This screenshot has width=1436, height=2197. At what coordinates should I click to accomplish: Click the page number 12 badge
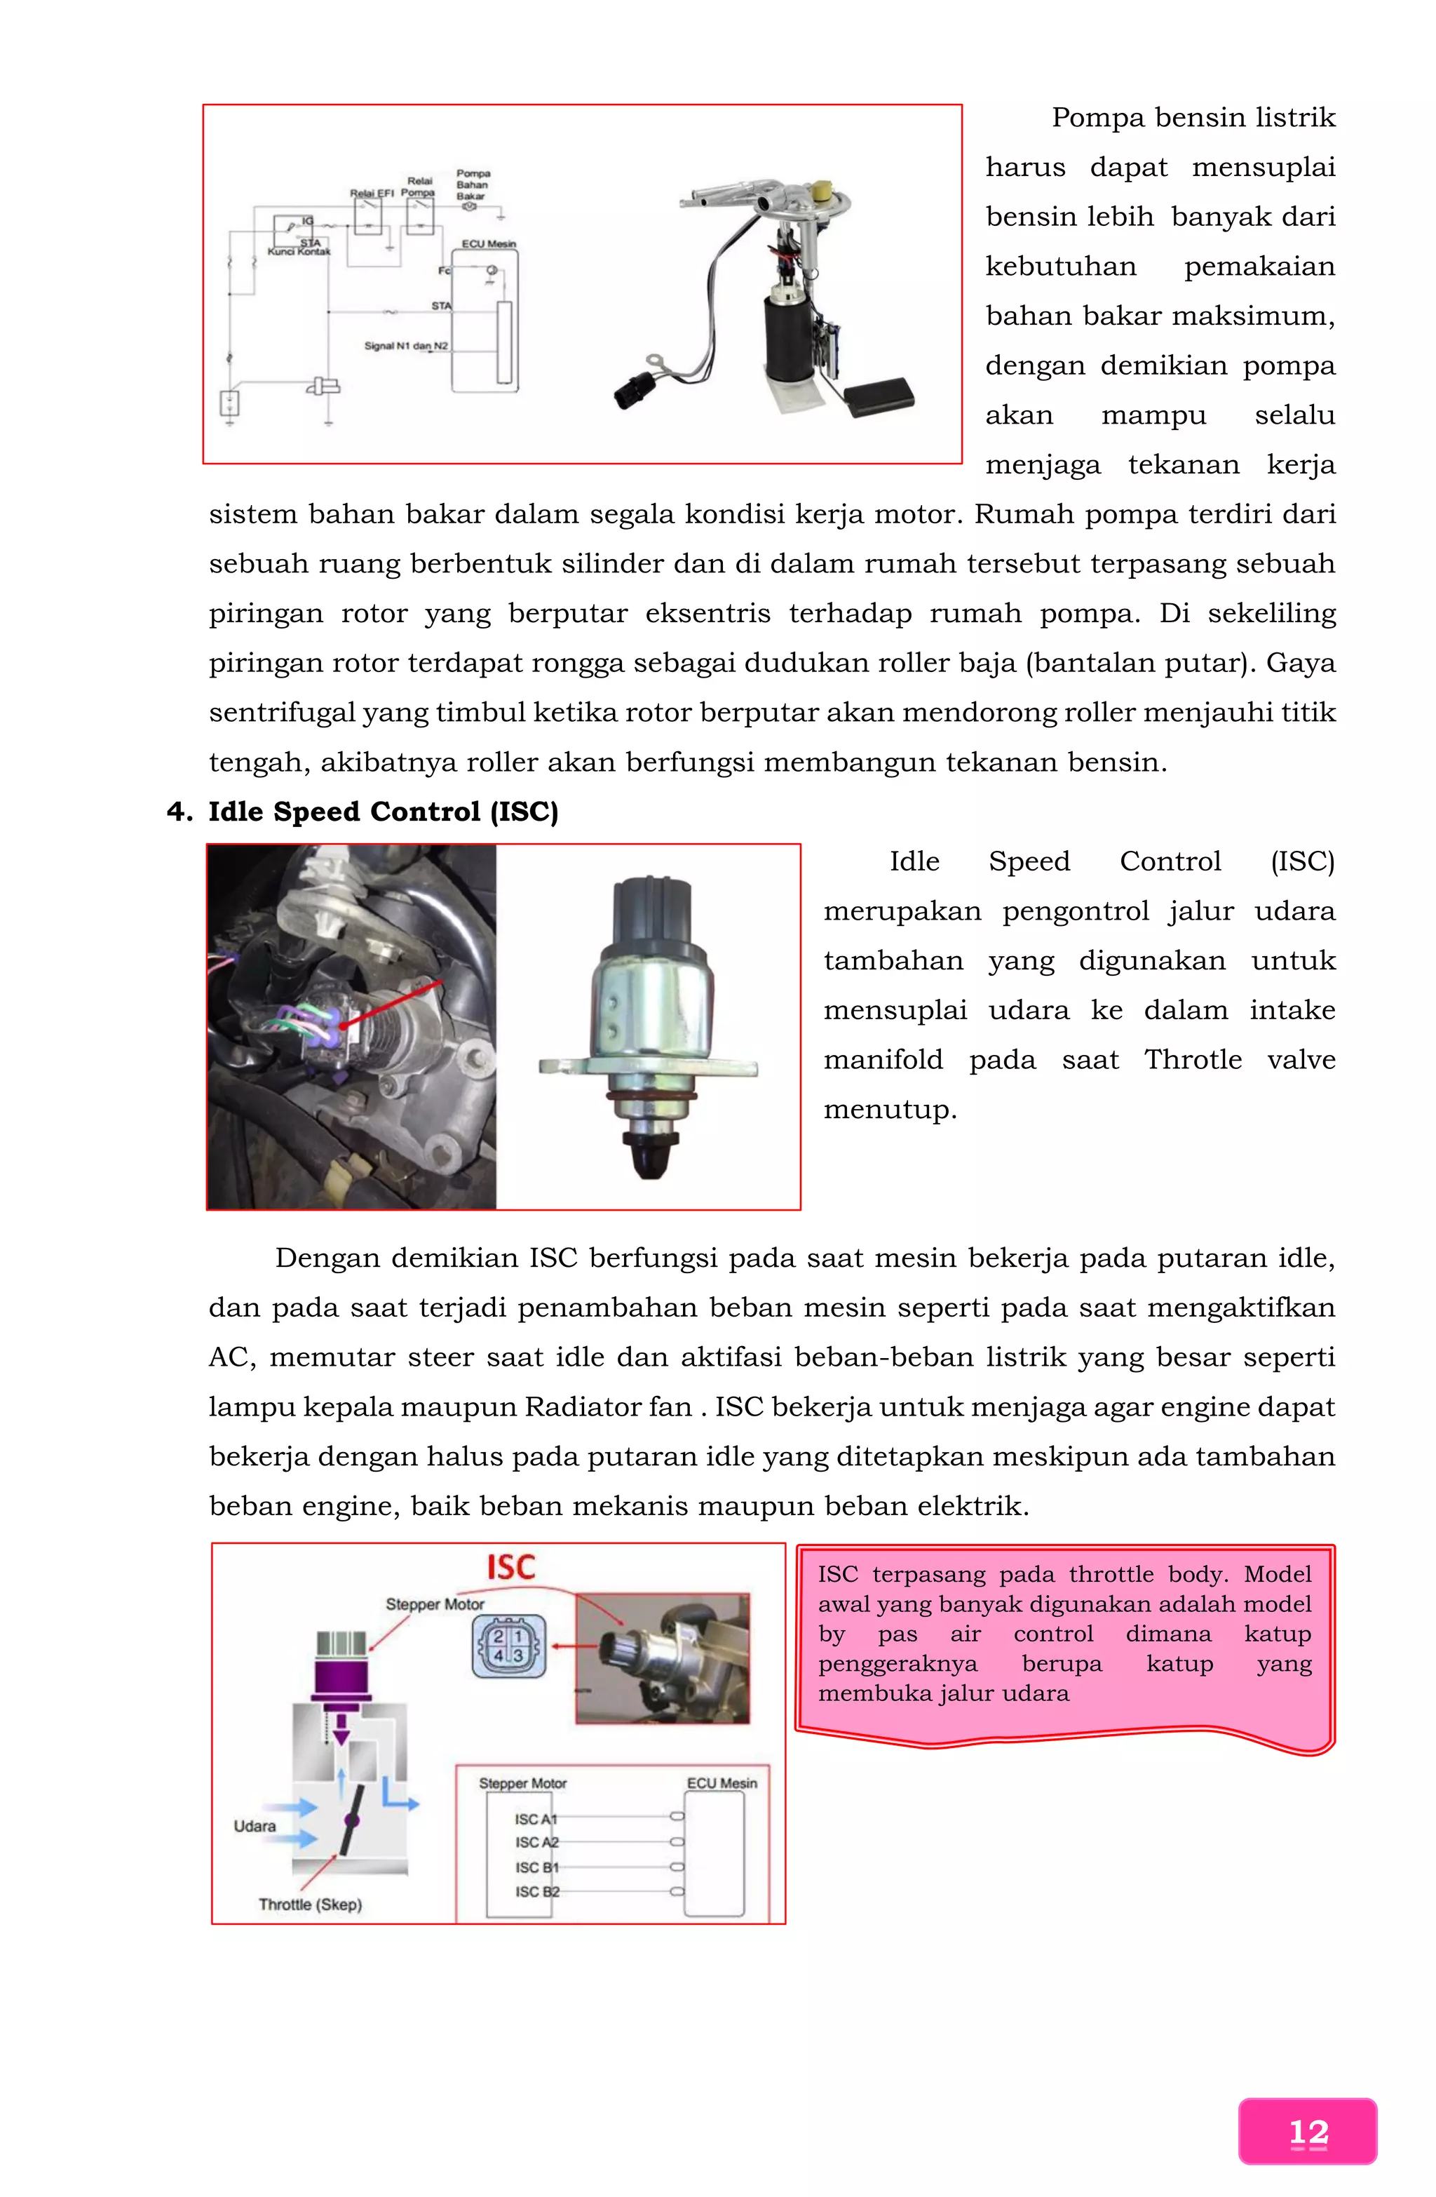click(x=1307, y=2132)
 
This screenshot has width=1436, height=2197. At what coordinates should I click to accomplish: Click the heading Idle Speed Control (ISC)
click(x=383, y=812)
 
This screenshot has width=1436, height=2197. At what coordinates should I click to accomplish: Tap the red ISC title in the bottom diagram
click(x=510, y=1566)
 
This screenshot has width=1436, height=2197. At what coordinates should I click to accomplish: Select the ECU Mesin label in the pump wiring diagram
click(x=488, y=243)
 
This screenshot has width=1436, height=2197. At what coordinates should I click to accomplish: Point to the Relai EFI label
click(x=371, y=193)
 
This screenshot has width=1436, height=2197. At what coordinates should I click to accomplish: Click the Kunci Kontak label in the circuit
click(x=298, y=251)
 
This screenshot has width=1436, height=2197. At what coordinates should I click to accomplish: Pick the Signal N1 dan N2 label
click(x=405, y=346)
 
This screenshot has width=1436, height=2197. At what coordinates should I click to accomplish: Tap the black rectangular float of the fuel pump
click(x=879, y=395)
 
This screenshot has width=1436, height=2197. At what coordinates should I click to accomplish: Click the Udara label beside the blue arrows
click(x=255, y=1826)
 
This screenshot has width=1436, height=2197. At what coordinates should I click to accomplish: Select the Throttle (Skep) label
click(x=310, y=1904)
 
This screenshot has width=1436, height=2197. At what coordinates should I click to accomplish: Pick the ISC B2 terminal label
click(x=536, y=1891)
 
